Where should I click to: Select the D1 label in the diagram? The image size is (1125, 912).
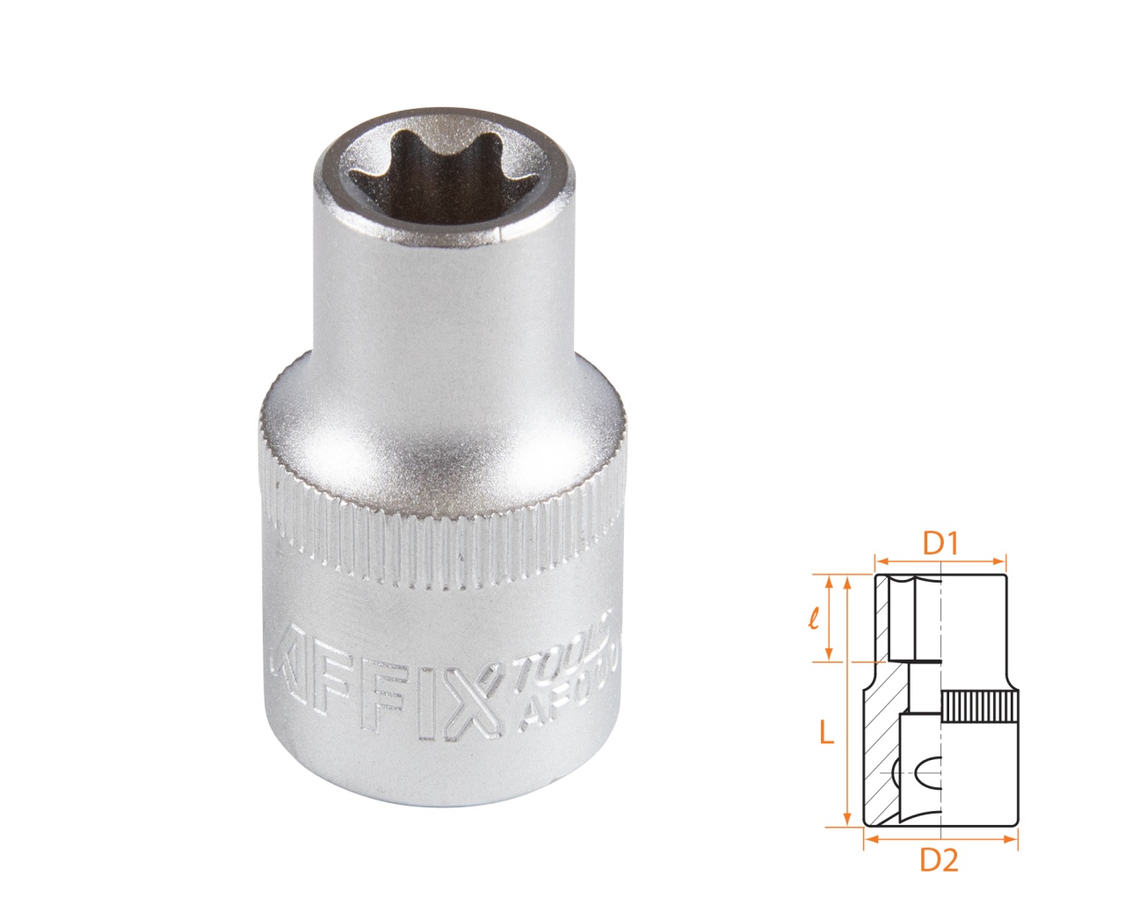click(940, 544)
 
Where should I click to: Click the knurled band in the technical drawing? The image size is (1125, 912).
click(980, 707)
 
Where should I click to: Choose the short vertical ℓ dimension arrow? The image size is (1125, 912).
click(828, 618)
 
